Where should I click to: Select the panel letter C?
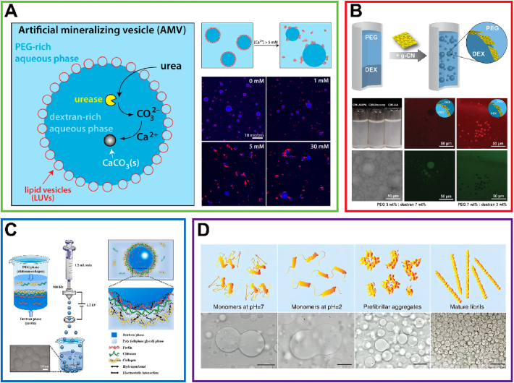[x=14, y=231]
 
